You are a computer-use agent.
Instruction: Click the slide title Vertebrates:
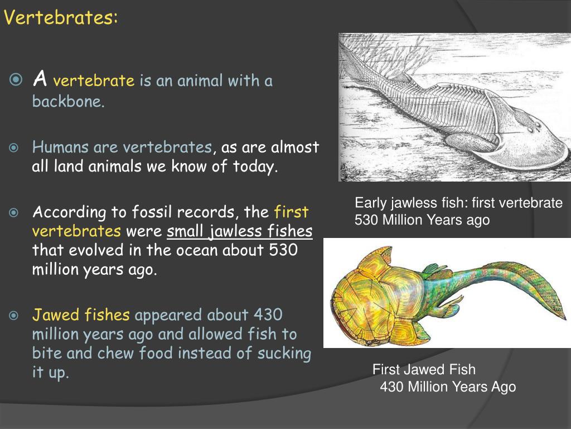tap(61, 18)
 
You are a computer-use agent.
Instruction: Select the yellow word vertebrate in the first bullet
tap(94, 82)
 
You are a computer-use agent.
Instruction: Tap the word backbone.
tap(68, 102)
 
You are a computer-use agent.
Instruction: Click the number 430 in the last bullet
tap(268, 315)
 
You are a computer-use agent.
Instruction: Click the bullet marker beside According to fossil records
tap(14, 213)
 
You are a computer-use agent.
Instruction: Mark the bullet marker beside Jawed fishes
tap(14, 316)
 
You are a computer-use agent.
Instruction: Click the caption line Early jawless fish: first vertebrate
tap(458, 203)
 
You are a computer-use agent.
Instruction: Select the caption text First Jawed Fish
tap(424, 369)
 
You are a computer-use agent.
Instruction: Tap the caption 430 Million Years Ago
tap(448, 387)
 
